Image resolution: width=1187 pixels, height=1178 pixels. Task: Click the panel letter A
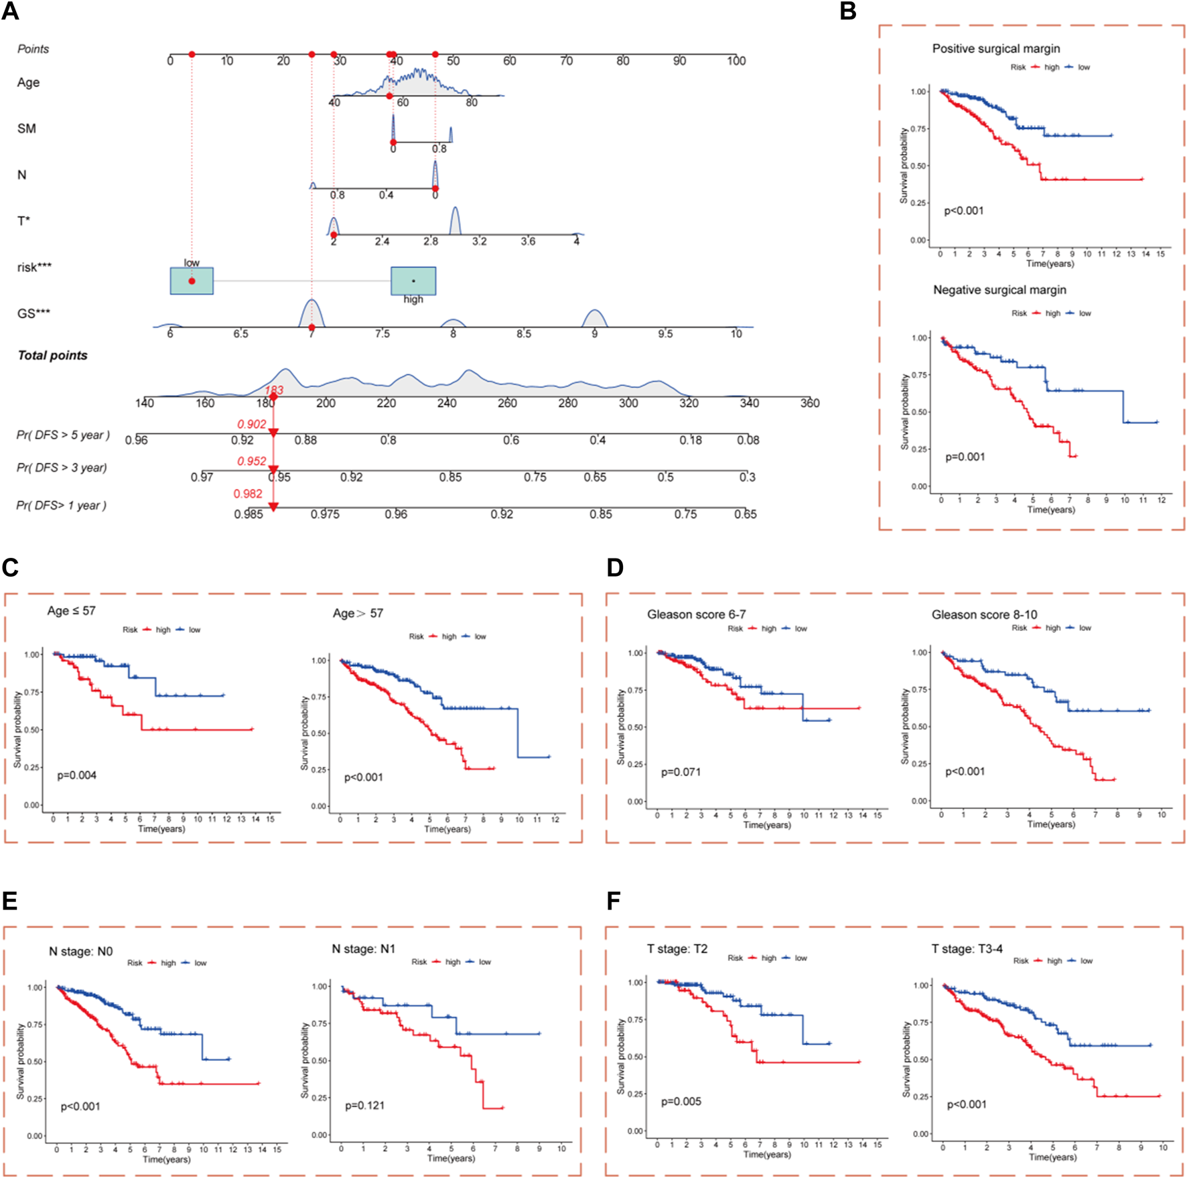(x=10, y=11)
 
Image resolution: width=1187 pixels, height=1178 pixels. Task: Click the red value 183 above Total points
(x=274, y=390)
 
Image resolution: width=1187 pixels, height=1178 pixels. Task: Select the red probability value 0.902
(x=251, y=424)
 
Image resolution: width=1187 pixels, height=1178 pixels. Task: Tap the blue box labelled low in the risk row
(x=192, y=281)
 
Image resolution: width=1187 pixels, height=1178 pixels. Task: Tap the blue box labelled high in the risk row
(x=413, y=281)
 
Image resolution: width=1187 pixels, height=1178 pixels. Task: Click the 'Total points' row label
(x=52, y=356)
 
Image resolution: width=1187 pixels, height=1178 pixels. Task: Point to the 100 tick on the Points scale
(x=736, y=61)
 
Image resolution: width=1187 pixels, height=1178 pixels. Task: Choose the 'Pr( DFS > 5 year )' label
(x=63, y=435)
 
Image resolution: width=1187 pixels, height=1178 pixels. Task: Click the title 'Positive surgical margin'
(x=995, y=49)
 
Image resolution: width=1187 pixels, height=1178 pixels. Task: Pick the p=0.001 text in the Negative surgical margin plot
(x=965, y=457)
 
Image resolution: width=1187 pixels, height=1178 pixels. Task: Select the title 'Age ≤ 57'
(x=71, y=611)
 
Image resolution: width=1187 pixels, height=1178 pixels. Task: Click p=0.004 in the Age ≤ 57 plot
(x=76, y=775)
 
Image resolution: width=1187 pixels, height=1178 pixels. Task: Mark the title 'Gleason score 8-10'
(x=984, y=615)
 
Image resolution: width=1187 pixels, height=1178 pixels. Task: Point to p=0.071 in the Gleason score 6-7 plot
(x=681, y=771)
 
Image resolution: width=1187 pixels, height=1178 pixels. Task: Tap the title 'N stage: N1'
(x=363, y=949)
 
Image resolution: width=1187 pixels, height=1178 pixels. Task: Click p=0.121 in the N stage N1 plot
(x=364, y=1105)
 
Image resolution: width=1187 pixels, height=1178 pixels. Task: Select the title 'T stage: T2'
(x=677, y=949)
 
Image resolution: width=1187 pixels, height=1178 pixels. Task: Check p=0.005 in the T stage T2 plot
(x=681, y=1101)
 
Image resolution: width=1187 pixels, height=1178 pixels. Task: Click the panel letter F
(x=613, y=901)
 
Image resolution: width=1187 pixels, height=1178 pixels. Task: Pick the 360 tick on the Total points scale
(x=809, y=403)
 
